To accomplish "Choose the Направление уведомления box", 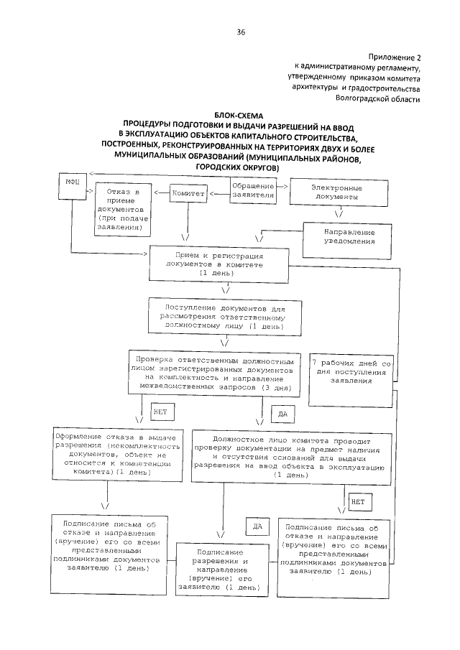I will pyautogui.click(x=349, y=236).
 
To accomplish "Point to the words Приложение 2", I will pyautogui.click(x=394, y=56).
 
